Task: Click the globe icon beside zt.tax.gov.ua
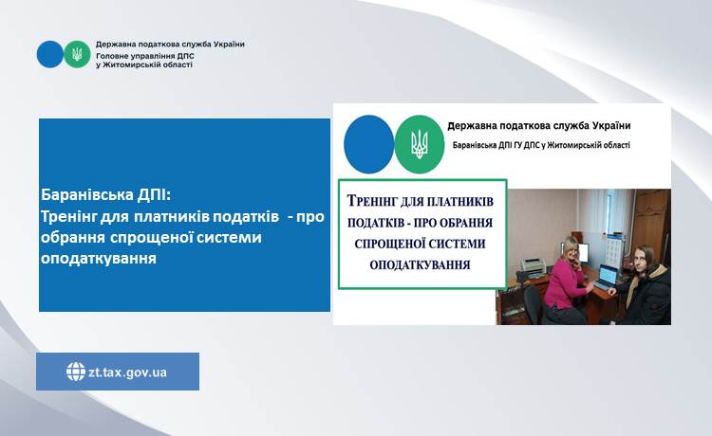click(76, 372)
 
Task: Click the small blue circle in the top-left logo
click(50, 54)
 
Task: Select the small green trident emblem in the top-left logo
click(77, 54)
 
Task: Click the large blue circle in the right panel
click(368, 144)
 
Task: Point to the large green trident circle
click(419, 144)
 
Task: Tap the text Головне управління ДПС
click(145, 56)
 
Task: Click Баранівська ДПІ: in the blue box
click(106, 195)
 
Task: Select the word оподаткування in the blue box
click(99, 259)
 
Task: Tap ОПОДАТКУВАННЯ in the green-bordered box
click(420, 264)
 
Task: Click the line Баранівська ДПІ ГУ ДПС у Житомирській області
click(541, 145)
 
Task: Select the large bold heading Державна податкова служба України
click(539, 125)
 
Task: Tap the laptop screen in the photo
click(608, 274)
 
